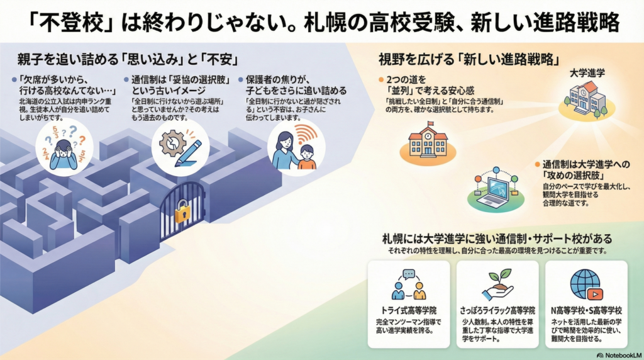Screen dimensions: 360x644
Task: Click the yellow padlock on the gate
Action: (182, 214)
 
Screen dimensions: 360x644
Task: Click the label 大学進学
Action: (587, 74)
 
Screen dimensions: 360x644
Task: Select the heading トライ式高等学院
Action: (409, 311)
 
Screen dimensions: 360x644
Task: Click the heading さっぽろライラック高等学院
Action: (497, 311)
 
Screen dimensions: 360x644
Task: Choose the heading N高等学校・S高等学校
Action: (586, 311)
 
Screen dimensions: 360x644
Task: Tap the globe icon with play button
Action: (586, 284)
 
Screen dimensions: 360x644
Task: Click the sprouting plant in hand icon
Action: (497, 285)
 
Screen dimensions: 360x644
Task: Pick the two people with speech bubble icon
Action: (409, 285)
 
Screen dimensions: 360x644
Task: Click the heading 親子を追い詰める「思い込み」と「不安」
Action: (127, 60)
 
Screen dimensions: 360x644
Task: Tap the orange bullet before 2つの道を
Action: (380, 80)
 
